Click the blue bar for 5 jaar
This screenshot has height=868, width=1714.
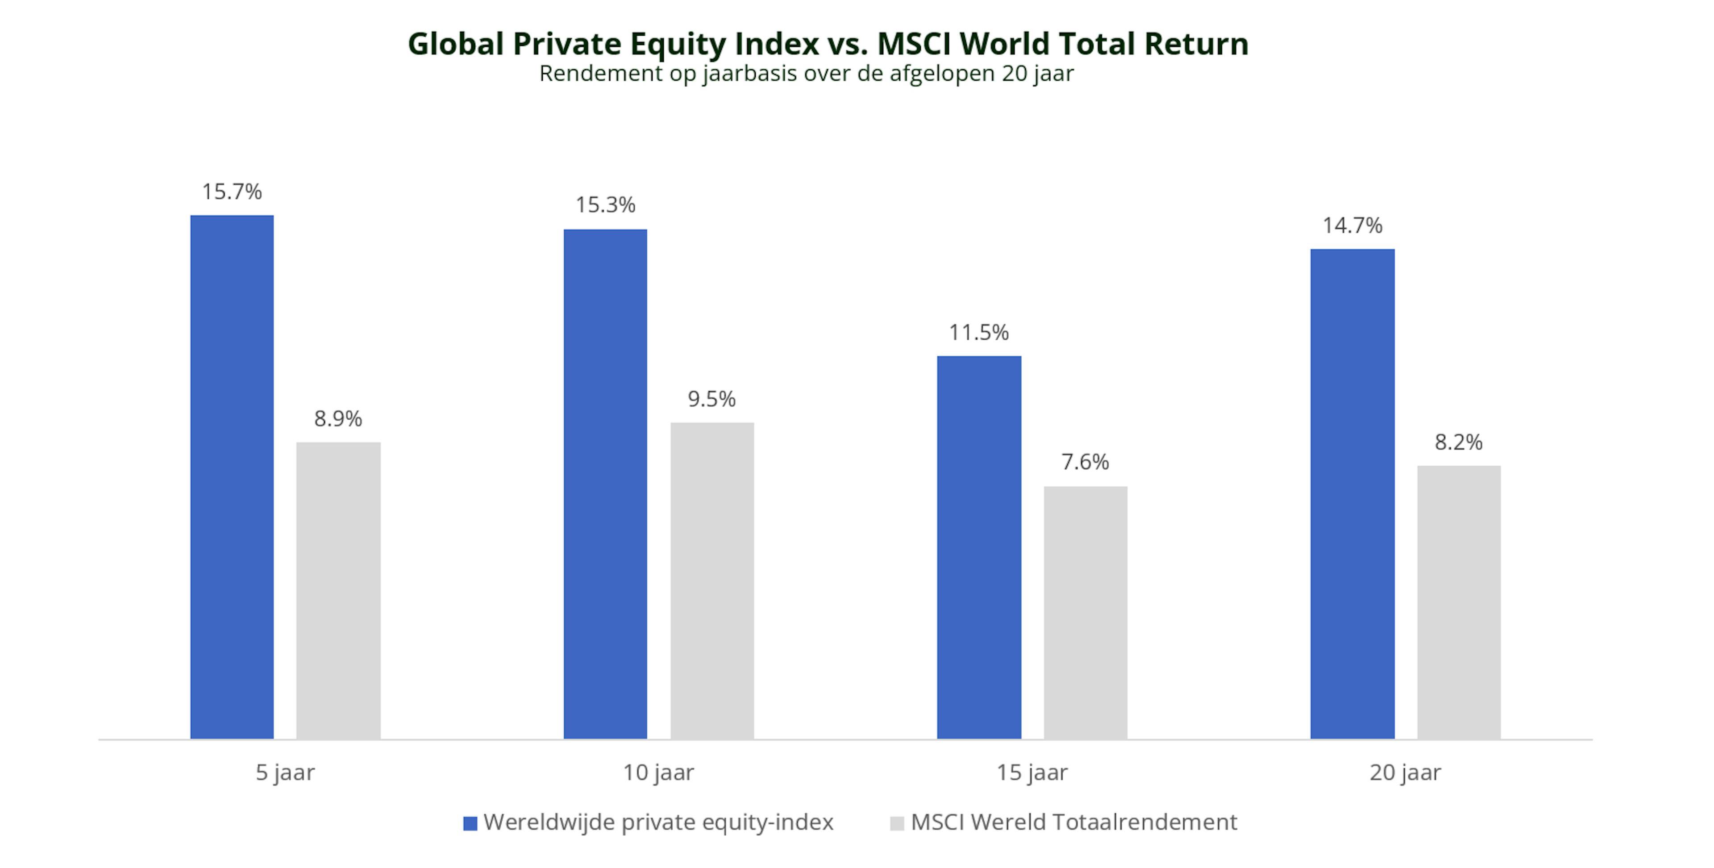(x=232, y=476)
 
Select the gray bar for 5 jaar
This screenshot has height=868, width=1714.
(x=338, y=590)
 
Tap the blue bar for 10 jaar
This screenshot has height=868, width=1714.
(x=605, y=484)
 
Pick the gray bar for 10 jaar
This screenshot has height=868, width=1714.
(x=712, y=580)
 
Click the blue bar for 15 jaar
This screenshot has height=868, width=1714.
(x=979, y=547)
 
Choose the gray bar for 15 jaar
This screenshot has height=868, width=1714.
(x=1085, y=613)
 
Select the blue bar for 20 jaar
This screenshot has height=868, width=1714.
(x=1352, y=494)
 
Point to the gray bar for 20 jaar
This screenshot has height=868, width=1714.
(x=1459, y=602)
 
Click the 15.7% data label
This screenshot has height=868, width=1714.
(x=232, y=192)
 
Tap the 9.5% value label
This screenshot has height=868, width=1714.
(x=712, y=399)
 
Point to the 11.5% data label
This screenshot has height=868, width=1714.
(x=979, y=332)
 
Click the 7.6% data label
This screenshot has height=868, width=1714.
(x=1085, y=462)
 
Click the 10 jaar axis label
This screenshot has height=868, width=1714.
(x=658, y=773)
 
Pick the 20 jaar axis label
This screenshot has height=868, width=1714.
(x=1405, y=773)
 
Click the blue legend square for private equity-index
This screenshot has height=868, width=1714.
(x=470, y=823)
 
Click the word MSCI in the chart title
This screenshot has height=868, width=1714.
(x=914, y=44)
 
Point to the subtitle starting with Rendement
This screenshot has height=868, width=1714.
(x=806, y=73)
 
